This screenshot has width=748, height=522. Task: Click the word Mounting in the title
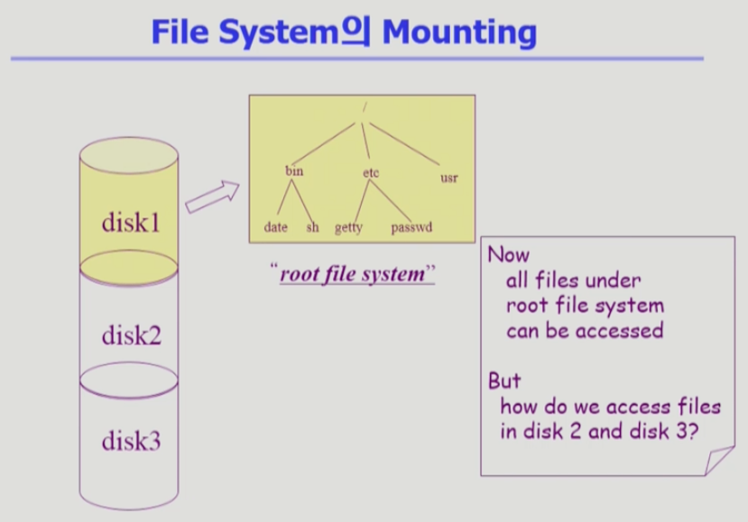[x=459, y=32]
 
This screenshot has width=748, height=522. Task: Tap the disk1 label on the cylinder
[x=131, y=222]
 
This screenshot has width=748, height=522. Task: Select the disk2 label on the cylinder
[x=131, y=336]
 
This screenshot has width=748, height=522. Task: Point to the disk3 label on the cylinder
[x=131, y=442]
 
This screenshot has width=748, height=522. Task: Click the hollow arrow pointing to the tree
[x=213, y=196]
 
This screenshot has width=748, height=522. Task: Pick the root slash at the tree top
[x=363, y=109]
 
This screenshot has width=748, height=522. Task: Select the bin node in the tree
[x=294, y=170]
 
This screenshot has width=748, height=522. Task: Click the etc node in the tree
[x=370, y=170]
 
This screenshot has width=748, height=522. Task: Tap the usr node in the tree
[x=448, y=178]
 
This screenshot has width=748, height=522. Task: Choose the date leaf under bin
[x=275, y=227]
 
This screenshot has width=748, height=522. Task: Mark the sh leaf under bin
[x=313, y=227]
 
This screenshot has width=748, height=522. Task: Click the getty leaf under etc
[x=348, y=228]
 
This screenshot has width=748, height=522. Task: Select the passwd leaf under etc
[x=411, y=227]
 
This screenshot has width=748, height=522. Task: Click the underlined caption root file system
[x=352, y=274]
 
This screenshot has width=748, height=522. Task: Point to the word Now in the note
[x=508, y=254]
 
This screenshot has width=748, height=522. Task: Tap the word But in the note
[x=504, y=380]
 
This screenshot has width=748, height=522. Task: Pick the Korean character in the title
[x=359, y=32]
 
